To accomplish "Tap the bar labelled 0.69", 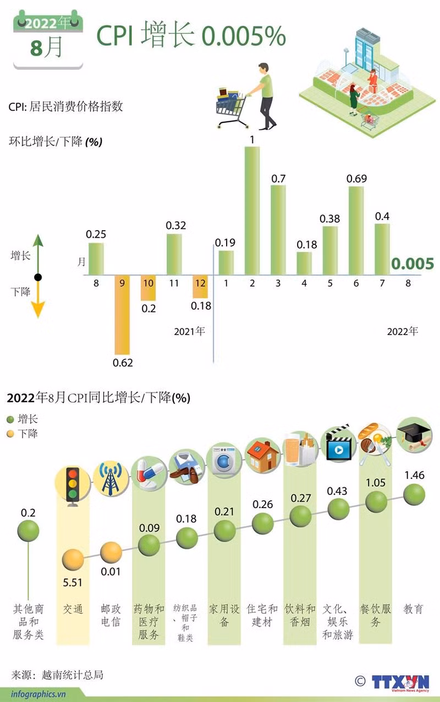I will coord(356,230).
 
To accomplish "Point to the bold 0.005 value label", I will coord(413,264).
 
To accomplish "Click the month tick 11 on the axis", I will coord(174,283).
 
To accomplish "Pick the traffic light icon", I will coord(72,484).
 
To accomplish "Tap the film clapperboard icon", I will coord(338,444).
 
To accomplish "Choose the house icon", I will coord(261,455).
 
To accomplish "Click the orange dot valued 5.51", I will coord(73,560).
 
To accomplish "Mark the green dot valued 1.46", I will coord(414,494).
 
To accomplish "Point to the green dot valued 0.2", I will coord(28,531).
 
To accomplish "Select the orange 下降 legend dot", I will coord(10,433).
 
